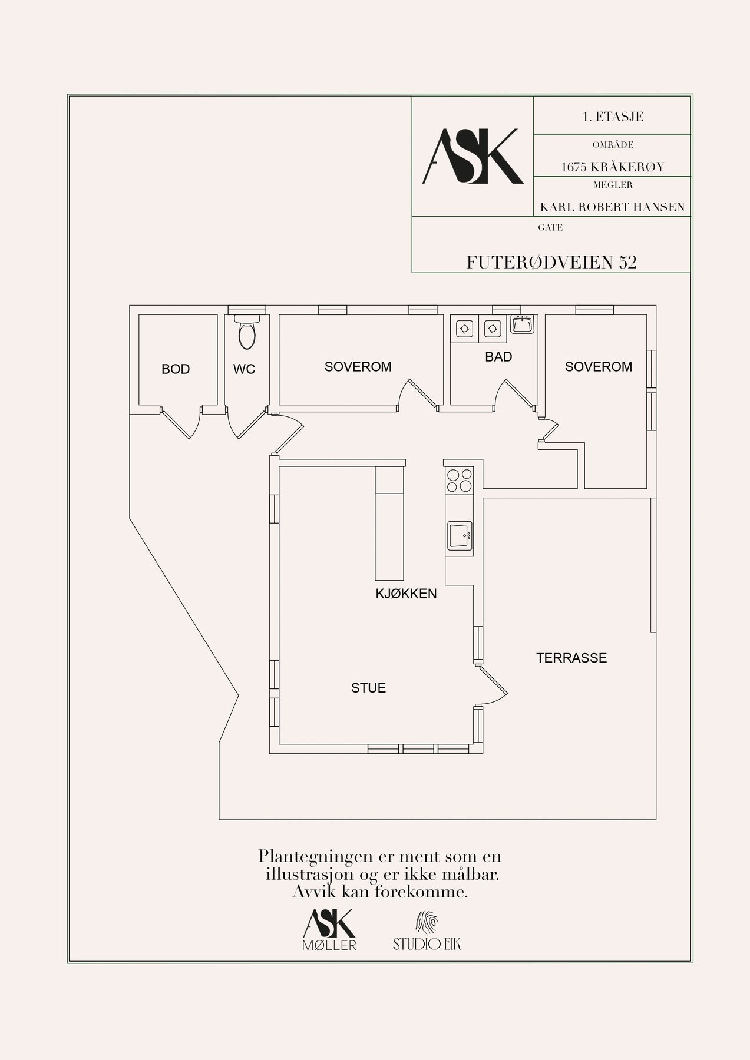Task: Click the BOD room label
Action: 176,369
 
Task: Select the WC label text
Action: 244,369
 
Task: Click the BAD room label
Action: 498,356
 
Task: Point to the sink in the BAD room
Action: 521,324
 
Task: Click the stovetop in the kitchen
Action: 460,479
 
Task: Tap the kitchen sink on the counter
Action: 460,535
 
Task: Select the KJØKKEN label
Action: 406,594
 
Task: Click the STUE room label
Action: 368,687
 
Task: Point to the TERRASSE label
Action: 571,658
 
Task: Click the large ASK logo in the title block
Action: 472,156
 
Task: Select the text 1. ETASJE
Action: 612,117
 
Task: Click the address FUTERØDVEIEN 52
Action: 551,263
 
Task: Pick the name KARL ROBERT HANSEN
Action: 612,207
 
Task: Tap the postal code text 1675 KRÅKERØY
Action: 612,167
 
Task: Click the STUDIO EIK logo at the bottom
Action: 427,932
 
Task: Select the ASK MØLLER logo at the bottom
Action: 329,930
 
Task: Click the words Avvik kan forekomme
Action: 380,892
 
